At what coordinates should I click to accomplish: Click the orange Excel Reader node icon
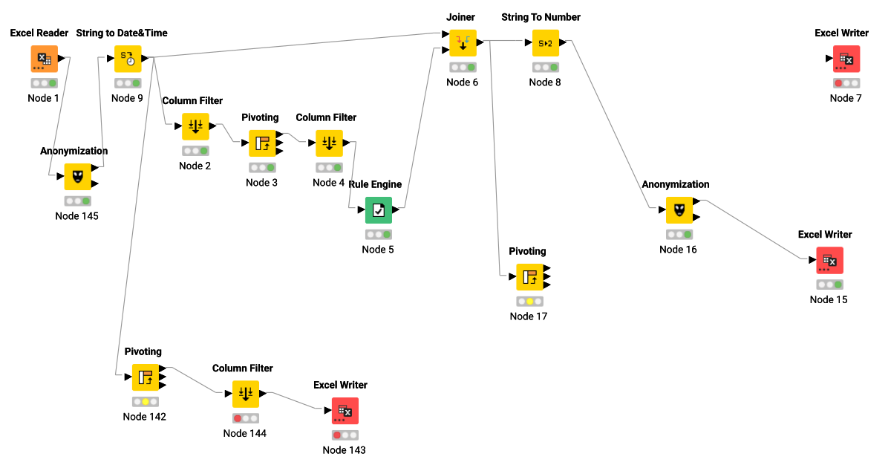[44, 59]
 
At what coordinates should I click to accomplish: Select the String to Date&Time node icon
[127, 59]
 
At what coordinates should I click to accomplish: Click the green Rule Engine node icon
[378, 210]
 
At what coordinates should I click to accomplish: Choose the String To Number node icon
[545, 43]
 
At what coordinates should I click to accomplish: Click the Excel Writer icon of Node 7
[846, 59]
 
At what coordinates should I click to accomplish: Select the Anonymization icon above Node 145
[77, 177]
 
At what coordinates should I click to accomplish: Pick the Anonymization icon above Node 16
[679, 210]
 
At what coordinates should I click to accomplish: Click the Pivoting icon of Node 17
[529, 277]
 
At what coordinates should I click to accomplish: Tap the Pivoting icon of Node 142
[146, 377]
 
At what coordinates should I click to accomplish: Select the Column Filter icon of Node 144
[246, 394]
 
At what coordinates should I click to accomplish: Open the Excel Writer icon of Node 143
[345, 411]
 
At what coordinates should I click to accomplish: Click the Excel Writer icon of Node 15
[829, 260]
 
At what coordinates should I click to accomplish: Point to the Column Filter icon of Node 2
[195, 126]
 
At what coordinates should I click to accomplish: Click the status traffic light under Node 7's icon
[846, 83]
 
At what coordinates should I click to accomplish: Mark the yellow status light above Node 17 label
[529, 302]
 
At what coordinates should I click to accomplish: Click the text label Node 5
[378, 250]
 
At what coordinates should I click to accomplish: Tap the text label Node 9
[128, 98]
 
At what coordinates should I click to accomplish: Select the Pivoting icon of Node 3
[262, 143]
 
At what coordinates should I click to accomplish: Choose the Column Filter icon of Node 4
[329, 143]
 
